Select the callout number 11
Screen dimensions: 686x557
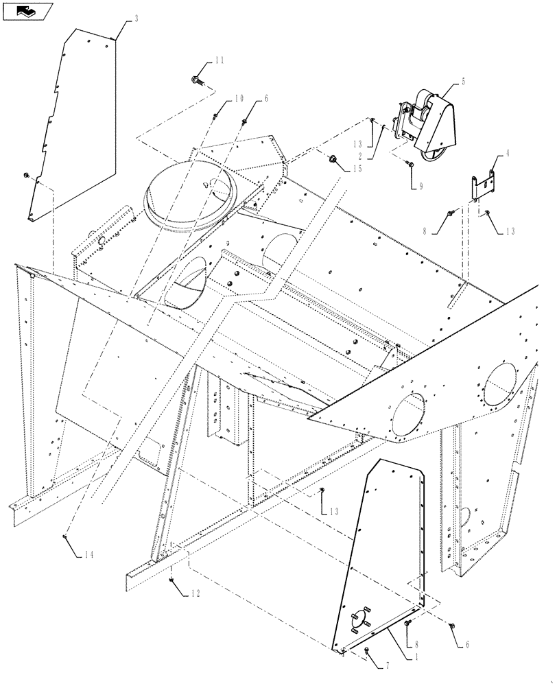(219, 61)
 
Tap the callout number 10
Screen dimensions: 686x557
(238, 99)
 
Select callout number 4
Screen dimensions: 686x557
(508, 155)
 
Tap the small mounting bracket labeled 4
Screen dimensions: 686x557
(484, 186)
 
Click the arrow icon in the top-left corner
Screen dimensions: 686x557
(27, 10)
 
